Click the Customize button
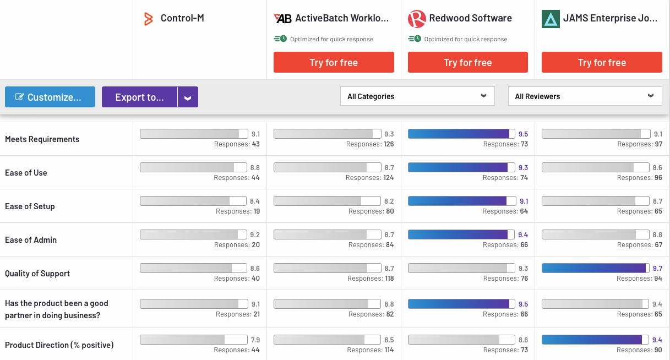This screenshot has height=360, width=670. (x=50, y=97)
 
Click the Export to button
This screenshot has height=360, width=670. (x=139, y=97)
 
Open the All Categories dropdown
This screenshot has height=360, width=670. (x=417, y=96)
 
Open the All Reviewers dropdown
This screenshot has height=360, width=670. (x=585, y=96)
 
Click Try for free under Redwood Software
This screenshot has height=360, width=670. (x=467, y=62)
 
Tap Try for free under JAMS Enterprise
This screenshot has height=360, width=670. (x=602, y=62)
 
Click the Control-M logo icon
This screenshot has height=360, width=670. (x=148, y=19)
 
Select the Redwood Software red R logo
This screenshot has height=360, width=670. (x=417, y=19)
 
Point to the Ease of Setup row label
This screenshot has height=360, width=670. (x=30, y=206)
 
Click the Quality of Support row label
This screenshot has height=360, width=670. (x=37, y=274)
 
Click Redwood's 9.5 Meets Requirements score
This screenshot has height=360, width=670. (x=523, y=134)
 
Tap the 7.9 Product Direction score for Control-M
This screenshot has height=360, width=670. (x=255, y=340)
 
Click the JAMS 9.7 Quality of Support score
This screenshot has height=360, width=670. (x=657, y=268)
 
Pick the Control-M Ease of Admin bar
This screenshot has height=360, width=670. (x=193, y=234)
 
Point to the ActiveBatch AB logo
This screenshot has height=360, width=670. (x=283, y=19)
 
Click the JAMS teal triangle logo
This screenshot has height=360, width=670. (x=551, y=19)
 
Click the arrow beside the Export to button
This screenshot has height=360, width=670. (x=188, y=97)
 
